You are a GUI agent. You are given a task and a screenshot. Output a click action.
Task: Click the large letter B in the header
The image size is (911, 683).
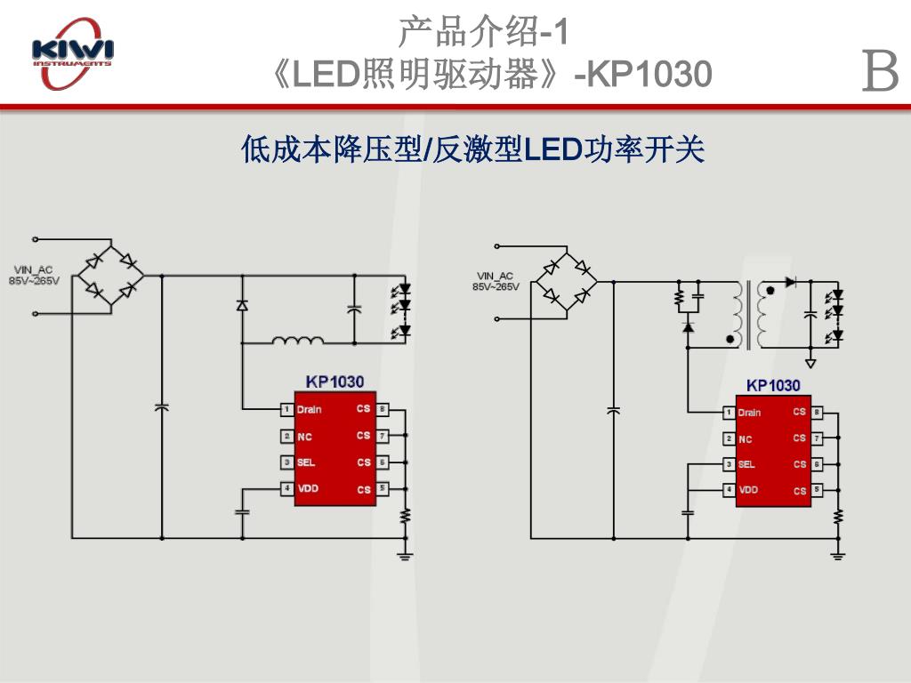(880, 72)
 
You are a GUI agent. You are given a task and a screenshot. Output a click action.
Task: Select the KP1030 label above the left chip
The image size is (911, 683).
(335, 382)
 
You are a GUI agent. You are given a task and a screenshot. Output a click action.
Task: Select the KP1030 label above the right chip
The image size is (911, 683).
(773, 385)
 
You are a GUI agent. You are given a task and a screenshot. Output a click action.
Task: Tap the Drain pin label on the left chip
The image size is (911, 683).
(310, 410)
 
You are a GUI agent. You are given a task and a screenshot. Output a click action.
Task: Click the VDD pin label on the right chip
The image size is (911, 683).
(748, 490)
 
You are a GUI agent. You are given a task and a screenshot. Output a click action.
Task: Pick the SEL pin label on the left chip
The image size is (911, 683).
(306, 462)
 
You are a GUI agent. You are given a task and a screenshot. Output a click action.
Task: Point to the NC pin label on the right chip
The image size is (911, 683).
(746, 439)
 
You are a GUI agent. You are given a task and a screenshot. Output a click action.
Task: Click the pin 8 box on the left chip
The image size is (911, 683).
(382, 410)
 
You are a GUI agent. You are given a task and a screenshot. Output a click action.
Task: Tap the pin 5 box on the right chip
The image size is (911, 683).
(817, 490)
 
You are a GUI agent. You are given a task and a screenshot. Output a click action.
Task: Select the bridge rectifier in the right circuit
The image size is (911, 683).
(566, 282)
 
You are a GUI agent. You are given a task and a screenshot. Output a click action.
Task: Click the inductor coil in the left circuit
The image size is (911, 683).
(298, 339)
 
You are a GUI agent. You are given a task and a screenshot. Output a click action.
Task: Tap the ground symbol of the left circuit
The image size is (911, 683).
(405, 556)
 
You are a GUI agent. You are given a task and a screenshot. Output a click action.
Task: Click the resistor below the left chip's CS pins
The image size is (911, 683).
(405, 515)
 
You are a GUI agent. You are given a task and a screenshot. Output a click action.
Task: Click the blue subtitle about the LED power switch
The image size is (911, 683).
(472, 149)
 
